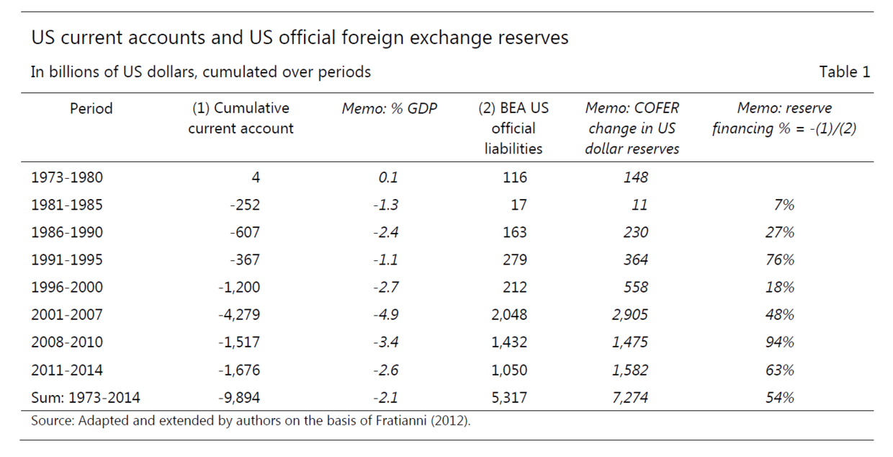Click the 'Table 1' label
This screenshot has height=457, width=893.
coord(844,72)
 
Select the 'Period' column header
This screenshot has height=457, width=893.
coord(91,109)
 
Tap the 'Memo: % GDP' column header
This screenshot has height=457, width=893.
coord(389,109)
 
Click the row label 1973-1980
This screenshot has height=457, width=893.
coord(67,177)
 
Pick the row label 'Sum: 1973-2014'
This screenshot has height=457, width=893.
coord(86,397)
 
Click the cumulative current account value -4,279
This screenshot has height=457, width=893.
coord(238,315)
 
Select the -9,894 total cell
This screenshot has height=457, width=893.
coord(238,397)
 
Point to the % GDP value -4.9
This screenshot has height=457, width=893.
coord(385,315)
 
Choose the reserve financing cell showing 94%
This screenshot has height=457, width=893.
coord(779,342)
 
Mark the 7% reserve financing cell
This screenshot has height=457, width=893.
coord(784,205)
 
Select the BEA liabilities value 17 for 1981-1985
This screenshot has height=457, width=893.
coord(518,205)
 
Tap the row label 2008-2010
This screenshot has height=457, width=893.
coord(67,342)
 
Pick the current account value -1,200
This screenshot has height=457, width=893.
coord(238,288)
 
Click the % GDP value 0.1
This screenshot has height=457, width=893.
coord(387,177)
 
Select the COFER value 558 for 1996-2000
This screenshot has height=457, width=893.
coord(633,288)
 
